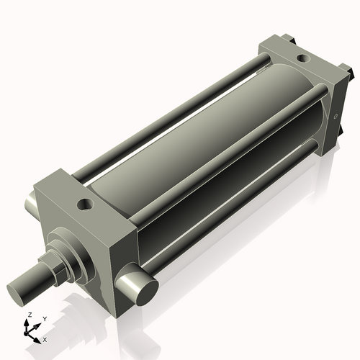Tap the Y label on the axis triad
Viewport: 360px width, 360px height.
(44, 319)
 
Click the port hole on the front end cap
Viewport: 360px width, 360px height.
(86, 206)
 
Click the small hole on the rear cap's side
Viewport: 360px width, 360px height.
(336, 114)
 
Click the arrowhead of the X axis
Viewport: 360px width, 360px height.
(39, 336)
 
